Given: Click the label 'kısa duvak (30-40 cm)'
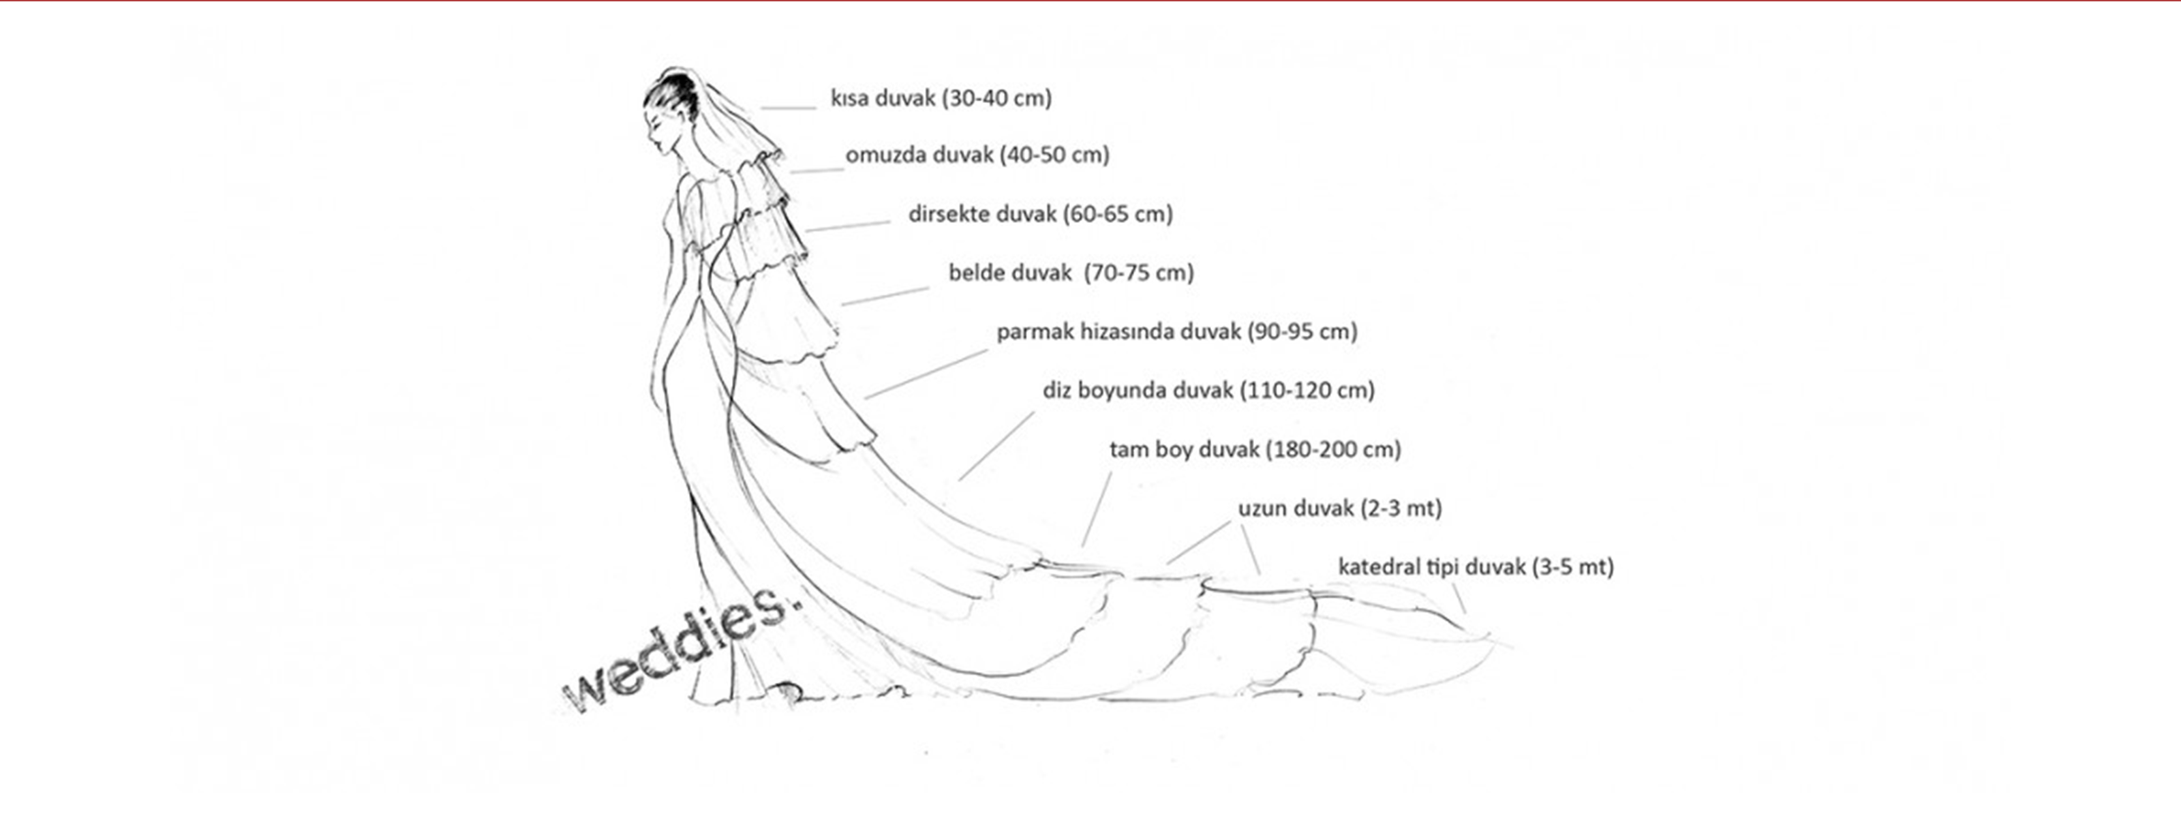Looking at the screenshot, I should [941, 98].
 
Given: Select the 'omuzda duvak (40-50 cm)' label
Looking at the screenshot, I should [977, 155].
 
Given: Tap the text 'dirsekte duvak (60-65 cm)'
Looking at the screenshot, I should [1039, 213].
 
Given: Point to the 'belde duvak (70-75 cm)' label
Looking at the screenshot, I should [1070, 273].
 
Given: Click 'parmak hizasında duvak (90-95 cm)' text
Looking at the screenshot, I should [1176, 331].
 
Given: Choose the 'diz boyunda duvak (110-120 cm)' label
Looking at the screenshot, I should [1208, 391].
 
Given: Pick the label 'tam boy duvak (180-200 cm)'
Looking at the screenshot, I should [1255, 450].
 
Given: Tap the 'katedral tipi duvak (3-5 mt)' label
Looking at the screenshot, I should [1475, 566].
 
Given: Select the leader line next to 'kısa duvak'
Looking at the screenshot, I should [787, 108].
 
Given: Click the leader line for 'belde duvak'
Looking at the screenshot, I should [885, 297].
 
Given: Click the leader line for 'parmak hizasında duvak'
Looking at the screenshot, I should [926, 374].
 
